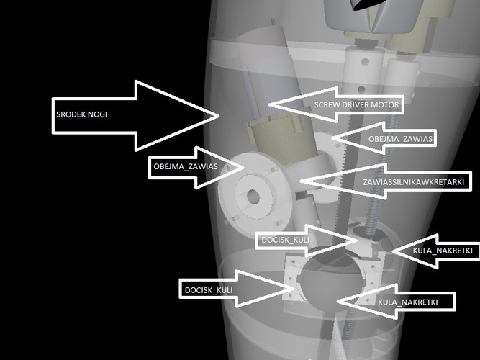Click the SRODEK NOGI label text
click(82, 114)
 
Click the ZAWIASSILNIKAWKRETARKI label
click(414, 182)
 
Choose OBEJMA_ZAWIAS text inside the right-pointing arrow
click(186, 166)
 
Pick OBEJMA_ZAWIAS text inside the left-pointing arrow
click(400, 139)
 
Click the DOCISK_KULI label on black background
click(209, 290)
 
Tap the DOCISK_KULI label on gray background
click(285, 240)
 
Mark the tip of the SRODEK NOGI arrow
click(219, 116)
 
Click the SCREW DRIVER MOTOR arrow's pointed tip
click(268, 104)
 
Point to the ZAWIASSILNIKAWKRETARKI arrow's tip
click(300, 181)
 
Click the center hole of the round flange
click(253, 197)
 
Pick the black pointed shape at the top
click(366, 4)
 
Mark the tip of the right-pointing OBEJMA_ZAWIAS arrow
click(243, 167)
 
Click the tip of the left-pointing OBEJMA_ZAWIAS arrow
click(332, 138)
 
